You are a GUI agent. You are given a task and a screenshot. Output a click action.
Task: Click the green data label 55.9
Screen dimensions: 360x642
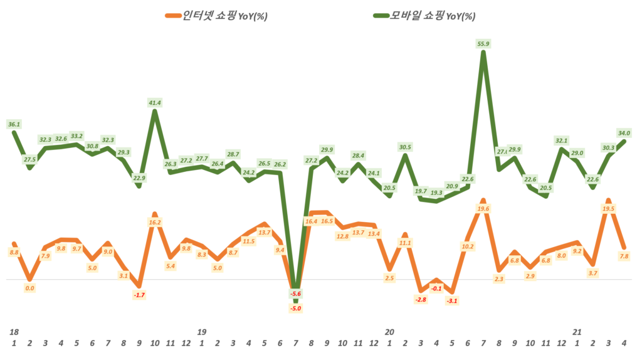point(483,43)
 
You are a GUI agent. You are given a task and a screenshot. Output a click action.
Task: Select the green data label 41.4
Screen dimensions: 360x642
point(155,102)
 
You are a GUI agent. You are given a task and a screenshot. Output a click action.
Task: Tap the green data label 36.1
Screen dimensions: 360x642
point(14,124)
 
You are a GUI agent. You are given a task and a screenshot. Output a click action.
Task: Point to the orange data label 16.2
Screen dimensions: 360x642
point(155,222)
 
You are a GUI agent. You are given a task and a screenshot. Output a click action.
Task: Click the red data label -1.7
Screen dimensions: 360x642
point(139,295)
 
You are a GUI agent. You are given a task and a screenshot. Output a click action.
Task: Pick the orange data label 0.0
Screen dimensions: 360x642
point(29,289)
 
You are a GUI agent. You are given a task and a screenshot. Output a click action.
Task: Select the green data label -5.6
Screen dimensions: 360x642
point(295,294)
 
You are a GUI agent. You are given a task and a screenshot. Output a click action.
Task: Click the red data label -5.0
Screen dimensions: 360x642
point(295,308)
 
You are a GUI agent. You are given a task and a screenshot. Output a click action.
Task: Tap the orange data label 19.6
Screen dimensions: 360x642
point(483,209)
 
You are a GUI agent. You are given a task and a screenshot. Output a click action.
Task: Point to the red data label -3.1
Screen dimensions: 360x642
point(452,301)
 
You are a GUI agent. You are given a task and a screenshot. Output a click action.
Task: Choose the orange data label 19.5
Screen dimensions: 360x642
point(608,208)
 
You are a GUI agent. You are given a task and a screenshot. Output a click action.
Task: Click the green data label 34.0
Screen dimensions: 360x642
point(624,133)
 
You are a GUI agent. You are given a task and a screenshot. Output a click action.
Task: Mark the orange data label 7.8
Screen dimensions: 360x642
point(624,256)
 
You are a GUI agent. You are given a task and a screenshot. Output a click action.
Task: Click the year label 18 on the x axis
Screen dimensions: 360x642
point(14,331)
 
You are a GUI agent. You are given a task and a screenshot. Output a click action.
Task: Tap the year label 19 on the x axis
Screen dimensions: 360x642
point(202,331)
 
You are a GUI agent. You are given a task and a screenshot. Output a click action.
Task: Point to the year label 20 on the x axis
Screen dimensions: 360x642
point(389,331)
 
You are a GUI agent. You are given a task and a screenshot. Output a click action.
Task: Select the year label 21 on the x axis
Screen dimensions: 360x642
point(577,331)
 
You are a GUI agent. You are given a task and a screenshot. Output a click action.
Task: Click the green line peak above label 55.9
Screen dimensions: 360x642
point(483,53)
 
